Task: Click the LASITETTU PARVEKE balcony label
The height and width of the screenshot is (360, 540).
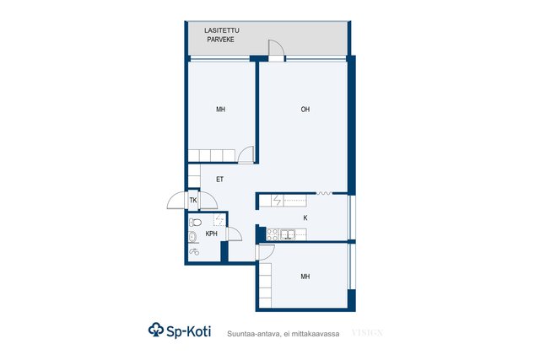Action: (x=221, y=35)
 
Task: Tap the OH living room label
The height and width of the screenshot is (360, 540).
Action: (x=305, y=110)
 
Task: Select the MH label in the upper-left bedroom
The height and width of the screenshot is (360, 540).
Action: (x=221, y=110)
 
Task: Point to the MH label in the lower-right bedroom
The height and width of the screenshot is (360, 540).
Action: (x=305, y=277)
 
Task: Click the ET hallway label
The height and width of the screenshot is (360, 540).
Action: (x=219, y=180)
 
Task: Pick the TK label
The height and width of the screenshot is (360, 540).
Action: (x=193, y=200)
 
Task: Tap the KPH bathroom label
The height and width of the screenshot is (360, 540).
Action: (x=212, y=234)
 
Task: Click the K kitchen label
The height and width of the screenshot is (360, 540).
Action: (x=305, y=218)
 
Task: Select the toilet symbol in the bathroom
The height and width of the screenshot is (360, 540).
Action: (x=195, y=223)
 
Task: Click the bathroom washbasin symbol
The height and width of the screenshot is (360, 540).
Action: (x=193, y=237)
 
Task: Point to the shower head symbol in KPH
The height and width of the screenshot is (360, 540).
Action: (x=194, y=252)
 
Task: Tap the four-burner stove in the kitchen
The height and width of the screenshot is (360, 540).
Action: (x=273, y=234)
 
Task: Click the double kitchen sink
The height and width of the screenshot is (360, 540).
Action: (x=288, y=234)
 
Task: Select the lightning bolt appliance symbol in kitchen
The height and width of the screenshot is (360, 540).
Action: (x=278, y=201)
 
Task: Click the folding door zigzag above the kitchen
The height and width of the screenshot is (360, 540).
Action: (x=324, y=193)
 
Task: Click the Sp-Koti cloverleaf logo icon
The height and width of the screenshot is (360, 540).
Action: (x=155, y=330)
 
